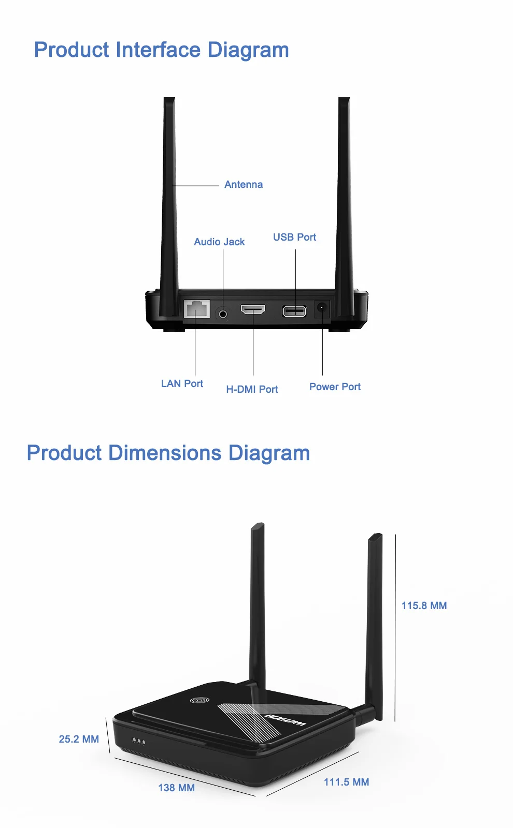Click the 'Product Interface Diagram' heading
click(161, 50)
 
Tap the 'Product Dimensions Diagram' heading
click(168, 453)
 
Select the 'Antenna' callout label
click(243, 185)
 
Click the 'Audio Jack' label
click(219, 242)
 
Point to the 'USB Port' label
click(294, 237)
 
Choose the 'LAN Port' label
click(182, 383)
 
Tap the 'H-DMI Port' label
click(252, 389)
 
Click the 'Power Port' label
click(335, 387)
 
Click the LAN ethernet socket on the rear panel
click(197, 309)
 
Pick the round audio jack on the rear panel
click(223, 314)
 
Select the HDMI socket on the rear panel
click(253, 309)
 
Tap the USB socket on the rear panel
click(294, 311)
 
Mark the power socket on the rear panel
click(322, 309)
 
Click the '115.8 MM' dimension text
click(424, 605)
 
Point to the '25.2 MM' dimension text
click(79, 739)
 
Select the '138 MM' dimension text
click(176, 788)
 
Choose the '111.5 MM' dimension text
click(346, 782)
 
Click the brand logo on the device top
click(285, 720)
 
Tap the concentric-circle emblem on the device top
click(199, 700)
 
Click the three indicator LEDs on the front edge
click(138, 742)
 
